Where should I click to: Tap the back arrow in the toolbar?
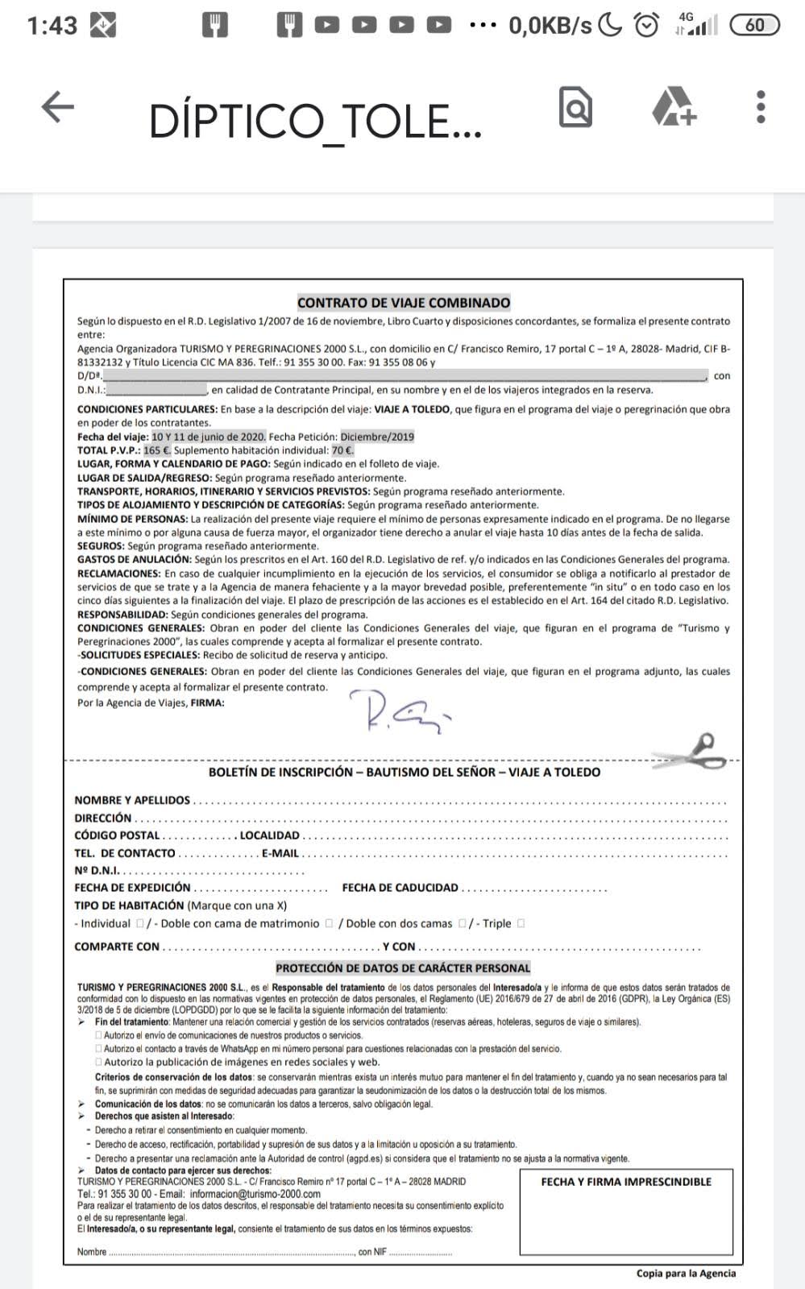[57, 107]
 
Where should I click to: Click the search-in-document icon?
[575, 107]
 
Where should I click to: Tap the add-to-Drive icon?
[674, 107]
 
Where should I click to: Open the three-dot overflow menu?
[761, 107]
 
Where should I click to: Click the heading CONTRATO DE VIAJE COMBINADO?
[404, 303]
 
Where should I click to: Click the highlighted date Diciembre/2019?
[377, 437]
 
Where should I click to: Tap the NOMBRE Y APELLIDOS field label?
[132, 800]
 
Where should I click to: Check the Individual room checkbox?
[140, 923]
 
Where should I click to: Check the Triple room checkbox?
[521, 923]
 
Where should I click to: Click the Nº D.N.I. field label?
[97, 870]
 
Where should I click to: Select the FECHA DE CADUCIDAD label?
[400, 888]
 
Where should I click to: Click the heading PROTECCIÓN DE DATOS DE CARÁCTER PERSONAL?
[403, 968]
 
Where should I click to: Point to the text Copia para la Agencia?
[686, 1274]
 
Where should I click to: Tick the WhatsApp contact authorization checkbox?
[99, 1049]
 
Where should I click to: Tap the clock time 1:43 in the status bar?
[52, 26]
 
